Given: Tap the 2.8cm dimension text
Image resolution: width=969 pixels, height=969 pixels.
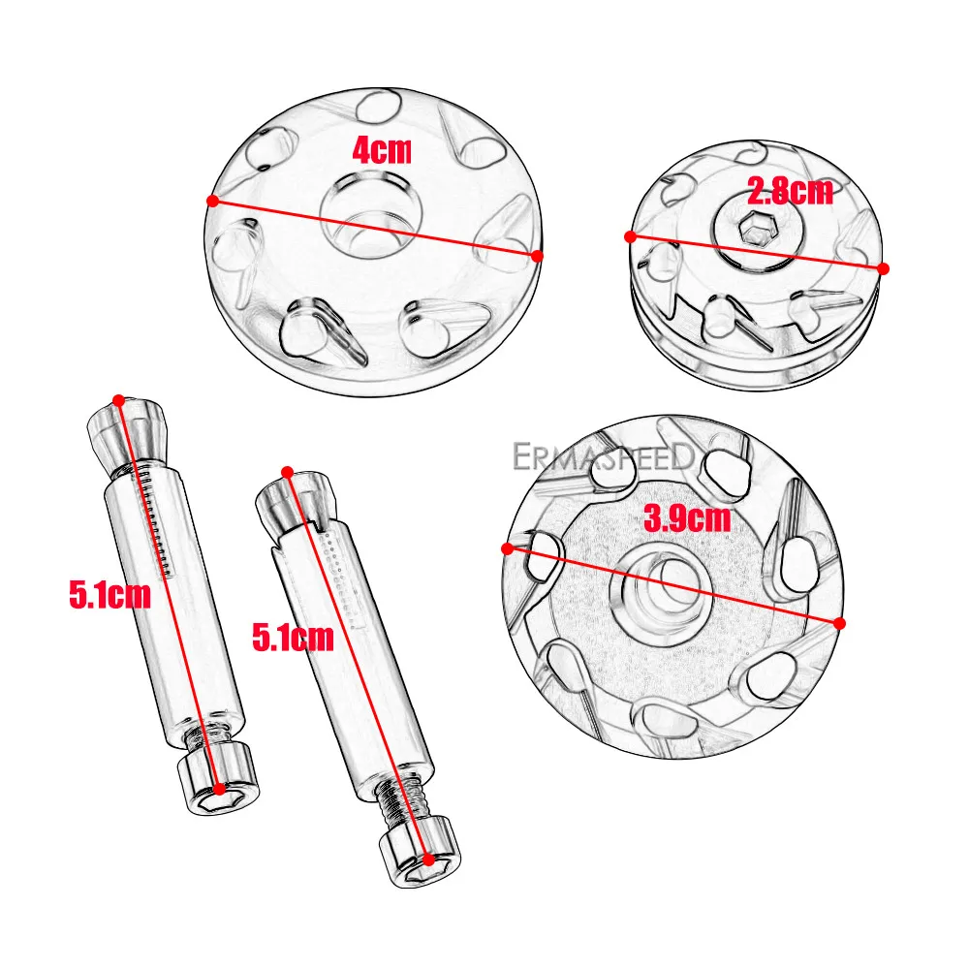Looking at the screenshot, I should [x=790, y=191].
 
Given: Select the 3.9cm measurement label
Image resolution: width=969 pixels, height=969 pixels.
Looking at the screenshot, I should [x=687, y=518].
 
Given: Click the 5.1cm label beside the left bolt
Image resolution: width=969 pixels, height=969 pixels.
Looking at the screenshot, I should [x=109, y=594].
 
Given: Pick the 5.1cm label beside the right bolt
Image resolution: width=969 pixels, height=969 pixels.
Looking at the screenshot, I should [x=293, y=637].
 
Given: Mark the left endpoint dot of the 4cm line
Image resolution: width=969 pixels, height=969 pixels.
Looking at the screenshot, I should [x=211, y=201].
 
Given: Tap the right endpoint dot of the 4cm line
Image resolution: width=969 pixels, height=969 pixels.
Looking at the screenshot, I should [x=538, y=256].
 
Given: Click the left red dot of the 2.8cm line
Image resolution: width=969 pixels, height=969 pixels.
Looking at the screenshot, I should [x=630, y=236].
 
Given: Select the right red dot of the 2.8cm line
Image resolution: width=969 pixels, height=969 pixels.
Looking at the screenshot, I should [x=883, y=267].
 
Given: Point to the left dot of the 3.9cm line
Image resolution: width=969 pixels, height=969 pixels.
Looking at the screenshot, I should [x=506, y=548].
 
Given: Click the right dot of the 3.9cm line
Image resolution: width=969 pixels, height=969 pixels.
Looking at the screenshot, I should [x=839, y=623].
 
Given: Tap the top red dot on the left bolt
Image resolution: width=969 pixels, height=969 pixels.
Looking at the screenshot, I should [x=118, y=399].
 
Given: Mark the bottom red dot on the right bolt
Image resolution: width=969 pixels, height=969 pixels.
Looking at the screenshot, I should [x=427, y=859].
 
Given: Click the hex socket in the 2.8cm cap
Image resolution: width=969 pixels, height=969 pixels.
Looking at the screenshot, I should [x=751, y=230].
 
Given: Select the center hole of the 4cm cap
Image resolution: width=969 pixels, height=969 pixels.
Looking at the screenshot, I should [x=374, y=212].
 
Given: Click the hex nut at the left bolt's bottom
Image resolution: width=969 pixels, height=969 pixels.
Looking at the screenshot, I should [x=221, y=777].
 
